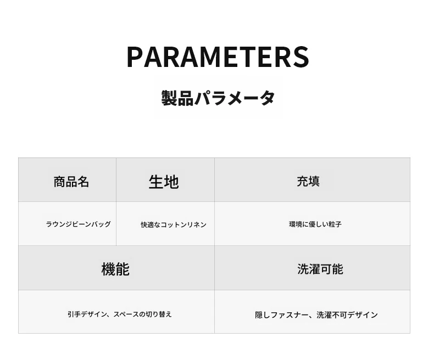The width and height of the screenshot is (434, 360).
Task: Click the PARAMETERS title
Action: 218,57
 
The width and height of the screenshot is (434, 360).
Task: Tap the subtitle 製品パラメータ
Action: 218,98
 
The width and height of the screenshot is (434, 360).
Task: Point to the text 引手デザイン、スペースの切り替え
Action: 120,314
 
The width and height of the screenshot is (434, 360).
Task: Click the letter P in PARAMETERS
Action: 135,57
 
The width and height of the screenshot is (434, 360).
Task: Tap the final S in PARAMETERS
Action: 302,57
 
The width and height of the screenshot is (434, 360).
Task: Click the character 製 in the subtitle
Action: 169,98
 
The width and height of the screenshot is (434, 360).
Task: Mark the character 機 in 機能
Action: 108,269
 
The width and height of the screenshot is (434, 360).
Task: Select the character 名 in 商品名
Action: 84,182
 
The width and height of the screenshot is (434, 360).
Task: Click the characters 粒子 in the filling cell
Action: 335,224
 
